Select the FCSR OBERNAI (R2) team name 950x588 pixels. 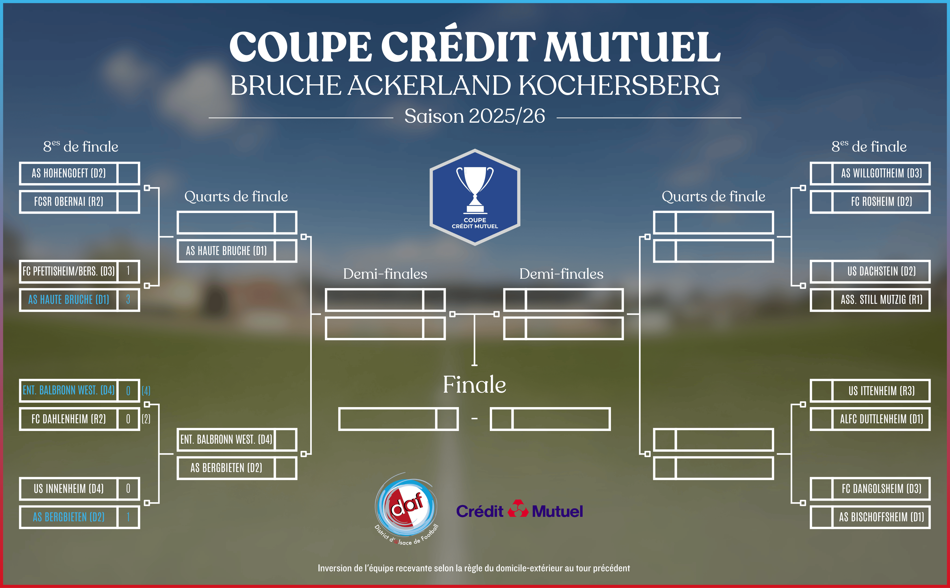pos(69,202)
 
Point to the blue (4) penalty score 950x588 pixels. pos(146,391)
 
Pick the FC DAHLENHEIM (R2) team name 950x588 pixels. pos(69,419)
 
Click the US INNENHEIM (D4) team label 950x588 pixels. pos(69,489)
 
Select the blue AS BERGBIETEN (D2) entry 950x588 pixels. pos(69,517)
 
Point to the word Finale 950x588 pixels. pos(475,385)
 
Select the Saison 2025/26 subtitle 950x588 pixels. pos(475,116)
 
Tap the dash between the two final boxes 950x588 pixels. pos(475,419)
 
